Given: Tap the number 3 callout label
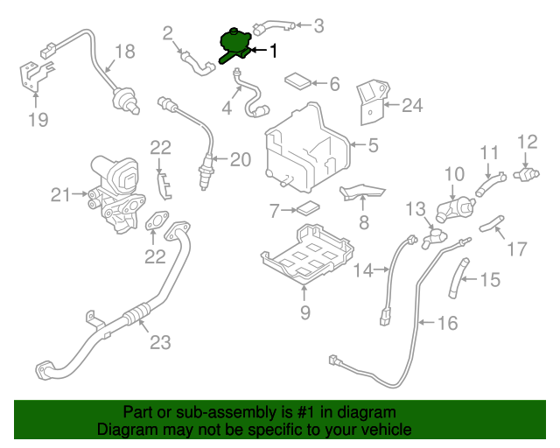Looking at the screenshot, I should tap(319, 26).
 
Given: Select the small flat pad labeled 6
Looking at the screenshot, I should tap(297, 82).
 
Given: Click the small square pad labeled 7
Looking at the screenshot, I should tap(307, 210).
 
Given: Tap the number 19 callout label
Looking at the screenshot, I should tap(37, 120).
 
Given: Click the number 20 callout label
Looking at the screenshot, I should tap(240, 159).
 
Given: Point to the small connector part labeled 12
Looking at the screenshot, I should tap(526, 172).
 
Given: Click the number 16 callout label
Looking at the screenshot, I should tap(446, 324).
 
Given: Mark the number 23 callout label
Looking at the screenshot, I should tap(159, 342).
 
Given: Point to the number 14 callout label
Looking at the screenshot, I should tap(364, 270).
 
